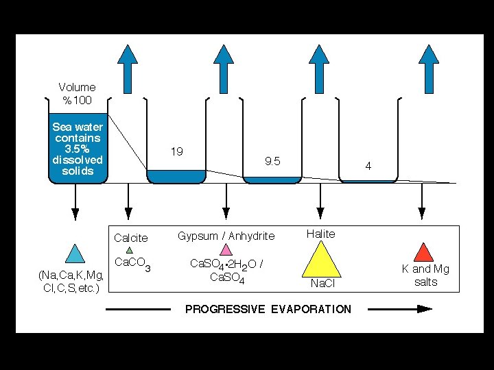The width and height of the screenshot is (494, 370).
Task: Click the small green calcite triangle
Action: tap(129, 250)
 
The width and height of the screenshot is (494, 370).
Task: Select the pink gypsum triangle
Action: tap(224, 249)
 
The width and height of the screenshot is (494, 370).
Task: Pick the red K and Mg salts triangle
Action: tap(425, 253)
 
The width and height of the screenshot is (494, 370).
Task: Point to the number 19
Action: tap(176, 151)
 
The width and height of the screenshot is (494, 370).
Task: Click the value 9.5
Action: tap(272, 162)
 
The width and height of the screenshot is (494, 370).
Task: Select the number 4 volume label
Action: tap(368, 166)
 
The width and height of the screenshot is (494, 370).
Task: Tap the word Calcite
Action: tap(130, 238)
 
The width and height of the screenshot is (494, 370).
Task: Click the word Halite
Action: tap(320, 234)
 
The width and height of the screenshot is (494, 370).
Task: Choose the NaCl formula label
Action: tap(321, 283)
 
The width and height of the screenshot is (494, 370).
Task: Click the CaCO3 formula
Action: tap(132, 263)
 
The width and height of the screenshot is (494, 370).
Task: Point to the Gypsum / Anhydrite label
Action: tap(226, 236)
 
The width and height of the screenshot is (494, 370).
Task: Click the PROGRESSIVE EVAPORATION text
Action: tap(268, 309)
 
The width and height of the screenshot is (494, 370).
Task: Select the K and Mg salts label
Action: tap(425, 275)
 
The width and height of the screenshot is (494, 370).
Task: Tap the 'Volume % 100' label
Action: tap(77, 94)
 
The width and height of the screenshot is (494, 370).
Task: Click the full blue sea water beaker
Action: tap(78, 151)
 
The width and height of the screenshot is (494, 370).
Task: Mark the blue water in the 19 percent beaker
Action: tap(176, 176)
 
